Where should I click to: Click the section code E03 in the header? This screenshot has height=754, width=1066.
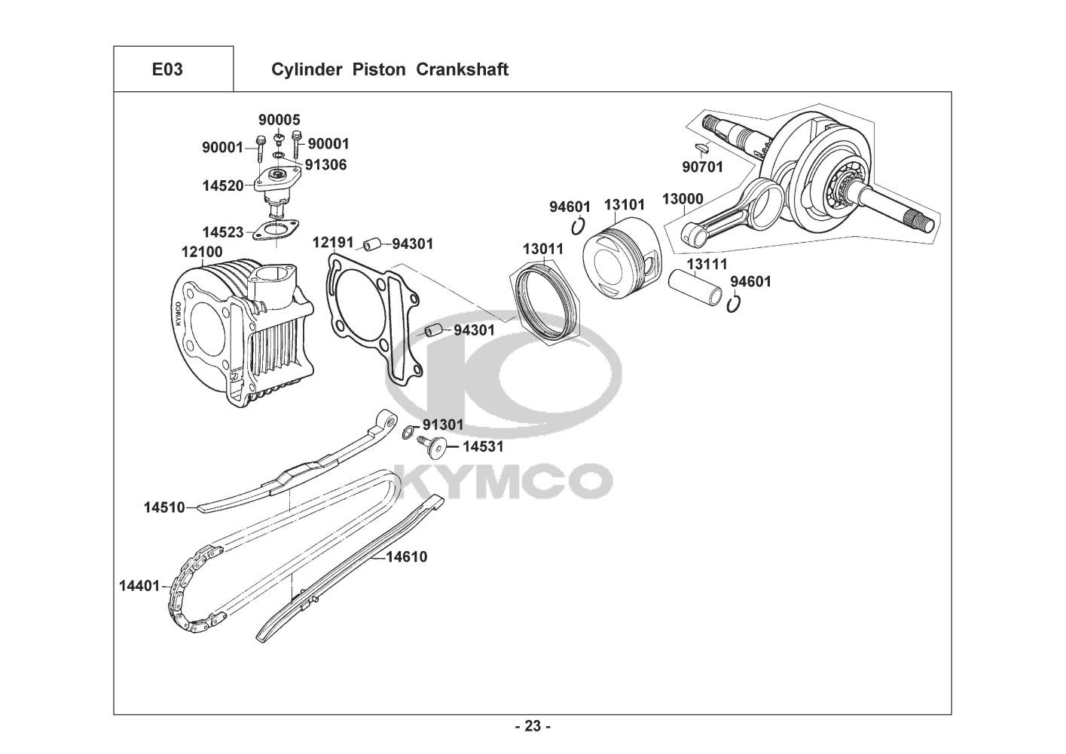pyautogui.click(x=167, y=69)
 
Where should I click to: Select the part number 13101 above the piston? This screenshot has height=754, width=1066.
pyautogui.click(x=625, y=204)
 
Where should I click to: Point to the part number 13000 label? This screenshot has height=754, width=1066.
pyautogui.click(x=683, y=199)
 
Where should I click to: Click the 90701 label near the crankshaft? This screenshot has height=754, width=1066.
pyautogui.click(x=702, y=167)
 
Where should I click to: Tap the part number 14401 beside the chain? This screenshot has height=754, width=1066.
pyautogui.click(x=139, y=584)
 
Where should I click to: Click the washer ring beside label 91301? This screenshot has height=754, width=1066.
pyautogui.click(x=407, y=431)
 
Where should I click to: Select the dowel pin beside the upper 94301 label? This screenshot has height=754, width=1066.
pyautogui.click(x=370, y=244)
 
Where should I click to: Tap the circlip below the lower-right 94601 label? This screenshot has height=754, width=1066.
pyautogui.click(x=736, y=303)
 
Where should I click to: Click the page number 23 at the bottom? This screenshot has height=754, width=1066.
pyautogui.click(x=533, y=727)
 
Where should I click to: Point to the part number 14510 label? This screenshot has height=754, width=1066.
pyautogui.click(x=164, y=507)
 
